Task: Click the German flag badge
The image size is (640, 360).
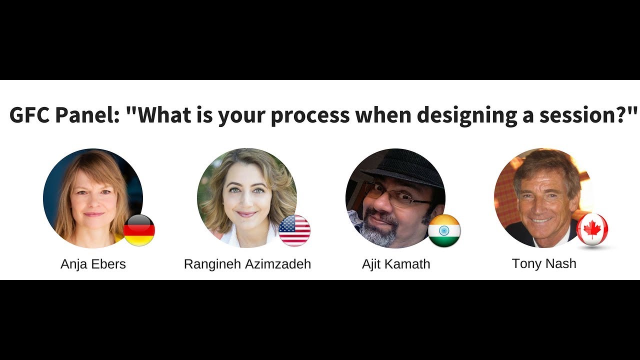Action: tap(139, 230)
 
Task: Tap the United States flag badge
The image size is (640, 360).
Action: tap(294, 230)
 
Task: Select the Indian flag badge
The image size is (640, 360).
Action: tap(444, 230)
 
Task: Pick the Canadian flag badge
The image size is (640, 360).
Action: tap(592, 229)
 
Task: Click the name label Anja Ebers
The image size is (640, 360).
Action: tap(93, 264)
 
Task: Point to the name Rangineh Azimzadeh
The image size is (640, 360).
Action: tap(247, 264)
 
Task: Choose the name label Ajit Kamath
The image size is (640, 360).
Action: tap(396, 264)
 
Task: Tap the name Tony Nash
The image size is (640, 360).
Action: tap(544, 263)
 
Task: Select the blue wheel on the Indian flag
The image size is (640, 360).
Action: tap(444, 230)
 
